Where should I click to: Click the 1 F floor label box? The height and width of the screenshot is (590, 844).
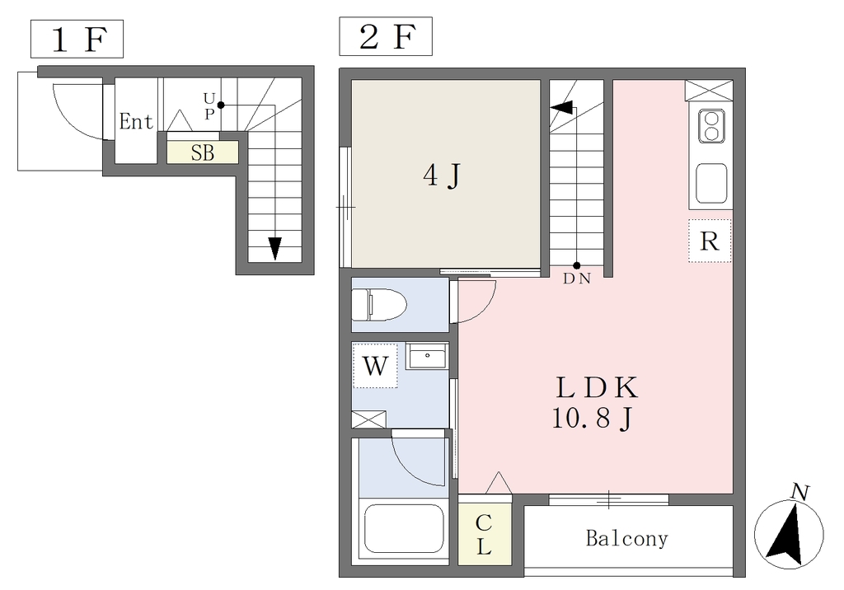pyautogui.click(x=77, y=39)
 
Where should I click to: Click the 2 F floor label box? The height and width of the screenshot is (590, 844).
pyautogui.click(x=386, y=36)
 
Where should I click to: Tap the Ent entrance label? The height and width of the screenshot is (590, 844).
pyautogui.click(x=136, y=122)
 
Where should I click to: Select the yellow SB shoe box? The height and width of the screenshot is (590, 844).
pyautogui.click(x=203, y=153)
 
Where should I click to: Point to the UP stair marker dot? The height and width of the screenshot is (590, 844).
pyautogui.click(x=221, y=105)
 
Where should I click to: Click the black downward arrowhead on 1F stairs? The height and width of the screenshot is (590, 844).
pyautogui.click(x=275, y=248)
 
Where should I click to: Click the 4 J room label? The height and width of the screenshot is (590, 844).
pyautogui.click(x=443, y=176)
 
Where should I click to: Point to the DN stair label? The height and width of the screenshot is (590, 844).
pyautogui.click(x=577, y=279)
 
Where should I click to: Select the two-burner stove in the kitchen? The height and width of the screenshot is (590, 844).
pyautogui.click(x=711, y=126)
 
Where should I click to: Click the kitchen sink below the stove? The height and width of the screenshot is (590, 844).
pyautogui.click(x=711, y=184)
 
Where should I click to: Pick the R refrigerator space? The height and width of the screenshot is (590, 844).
pyautogui.click(x=710, y=241)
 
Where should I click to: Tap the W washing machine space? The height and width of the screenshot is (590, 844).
pyautogui.click(x=375, y=366)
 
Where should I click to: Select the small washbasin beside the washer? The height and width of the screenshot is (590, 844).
pyautogui.click(x=426, y=356)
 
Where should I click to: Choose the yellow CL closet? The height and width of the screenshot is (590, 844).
pyautogui.click(x=485, y=534)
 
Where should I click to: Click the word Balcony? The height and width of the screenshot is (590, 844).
pyautogui.click(x=627, y=538)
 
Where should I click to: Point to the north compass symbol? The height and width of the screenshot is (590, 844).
pyautogui.click(x=789, y=533)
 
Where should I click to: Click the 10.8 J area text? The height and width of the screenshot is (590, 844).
pyautogui.click(x=592, y=419)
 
